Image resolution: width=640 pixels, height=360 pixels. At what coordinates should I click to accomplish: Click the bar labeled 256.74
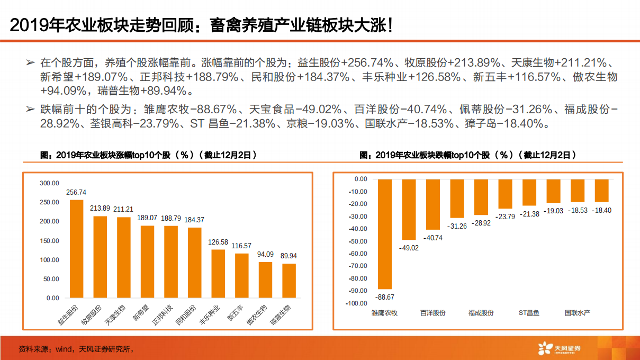point(76,248)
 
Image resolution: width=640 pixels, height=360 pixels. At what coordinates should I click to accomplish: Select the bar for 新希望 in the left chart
point(147,262)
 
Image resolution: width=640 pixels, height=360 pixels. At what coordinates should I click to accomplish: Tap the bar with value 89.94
point(289,281)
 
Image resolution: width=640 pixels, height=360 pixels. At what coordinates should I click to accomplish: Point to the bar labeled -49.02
point(409,210)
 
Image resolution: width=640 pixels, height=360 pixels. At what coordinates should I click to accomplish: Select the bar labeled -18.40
point(601,191)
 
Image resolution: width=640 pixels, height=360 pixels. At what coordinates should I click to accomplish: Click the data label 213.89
point(100,208)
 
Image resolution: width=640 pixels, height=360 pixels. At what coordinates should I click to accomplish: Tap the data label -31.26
point(456,226)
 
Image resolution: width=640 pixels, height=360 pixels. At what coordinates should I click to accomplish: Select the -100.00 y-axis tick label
point(356,303)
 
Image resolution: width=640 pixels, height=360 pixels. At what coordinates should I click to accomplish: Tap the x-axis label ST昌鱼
point(528,313)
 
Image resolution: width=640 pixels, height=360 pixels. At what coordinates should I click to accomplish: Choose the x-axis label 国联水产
point(577,313)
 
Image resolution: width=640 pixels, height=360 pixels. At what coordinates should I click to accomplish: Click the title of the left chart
point(149,155)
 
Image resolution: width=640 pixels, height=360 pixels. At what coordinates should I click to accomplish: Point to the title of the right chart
point(468,155)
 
